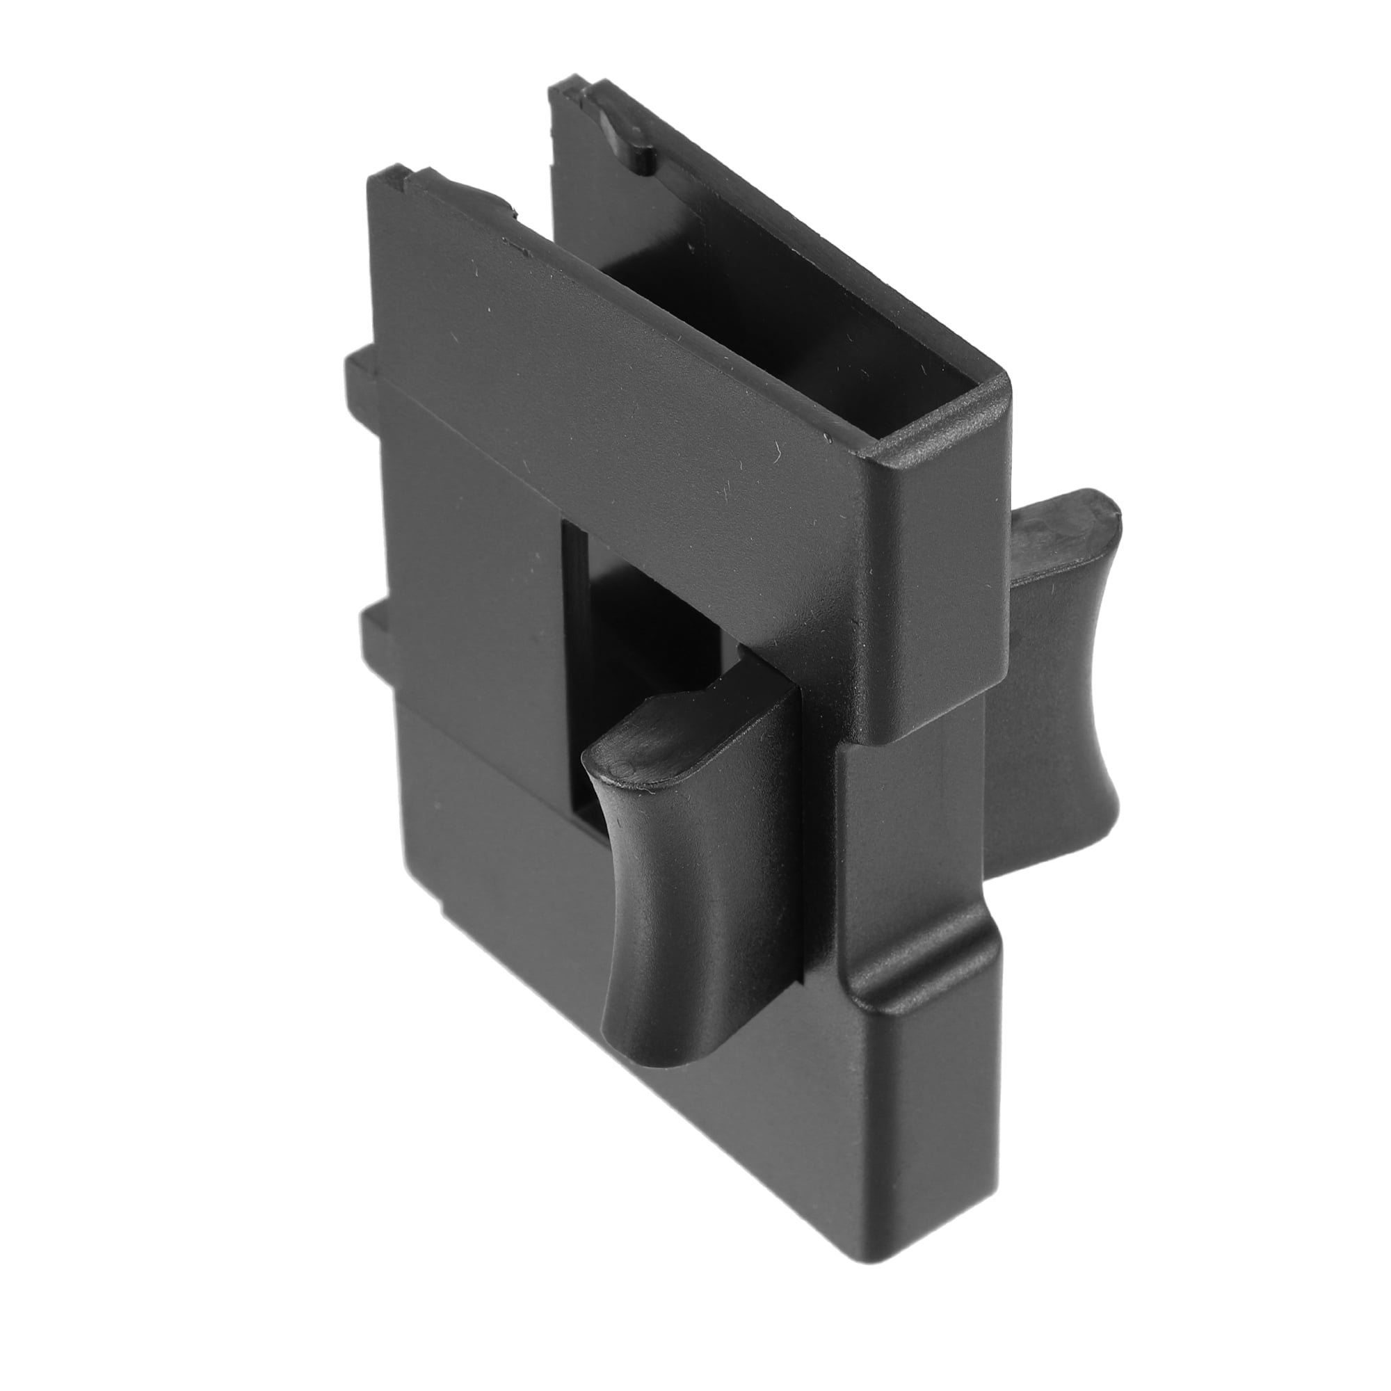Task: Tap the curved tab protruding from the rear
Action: pyautogui.click(x=1059, y=691)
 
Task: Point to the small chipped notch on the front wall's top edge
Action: pyautogui.click(x=515, y=213)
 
